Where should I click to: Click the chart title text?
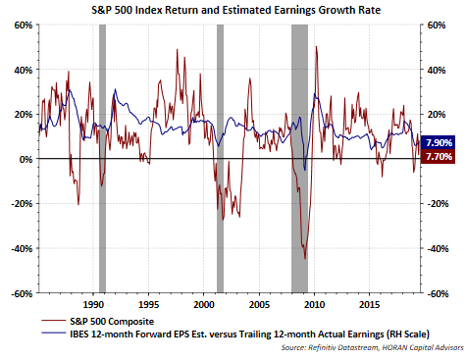235,10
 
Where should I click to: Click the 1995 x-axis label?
148,305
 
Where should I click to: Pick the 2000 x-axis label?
204,305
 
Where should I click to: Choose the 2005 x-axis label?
259,305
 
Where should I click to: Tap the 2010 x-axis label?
314,305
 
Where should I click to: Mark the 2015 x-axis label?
370,305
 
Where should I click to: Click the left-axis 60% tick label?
24,26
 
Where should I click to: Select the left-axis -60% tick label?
22,293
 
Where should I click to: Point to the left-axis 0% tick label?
26,159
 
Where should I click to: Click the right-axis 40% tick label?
437,70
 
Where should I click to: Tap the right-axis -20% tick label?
438,204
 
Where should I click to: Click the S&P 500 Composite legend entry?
98,322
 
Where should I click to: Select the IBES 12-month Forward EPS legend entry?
235,334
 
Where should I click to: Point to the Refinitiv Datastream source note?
372,347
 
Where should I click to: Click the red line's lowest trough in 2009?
305,258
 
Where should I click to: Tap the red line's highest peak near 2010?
316,47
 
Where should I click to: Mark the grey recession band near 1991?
102,159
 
